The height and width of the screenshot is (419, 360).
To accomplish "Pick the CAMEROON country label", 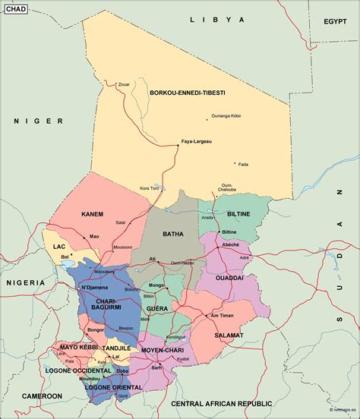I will coord(42,395).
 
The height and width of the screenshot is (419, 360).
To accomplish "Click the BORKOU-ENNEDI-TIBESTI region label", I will coord(187,93).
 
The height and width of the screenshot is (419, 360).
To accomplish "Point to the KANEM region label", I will coord(92,214).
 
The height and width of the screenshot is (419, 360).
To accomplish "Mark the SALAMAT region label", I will coord(229,335).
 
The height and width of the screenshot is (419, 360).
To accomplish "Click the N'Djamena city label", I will coord(96,288).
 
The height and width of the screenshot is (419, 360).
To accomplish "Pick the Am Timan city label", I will coord(222,315).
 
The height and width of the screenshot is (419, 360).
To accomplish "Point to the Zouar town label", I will coord(125,84).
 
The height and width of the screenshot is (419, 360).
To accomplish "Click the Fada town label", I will coord(243,164).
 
